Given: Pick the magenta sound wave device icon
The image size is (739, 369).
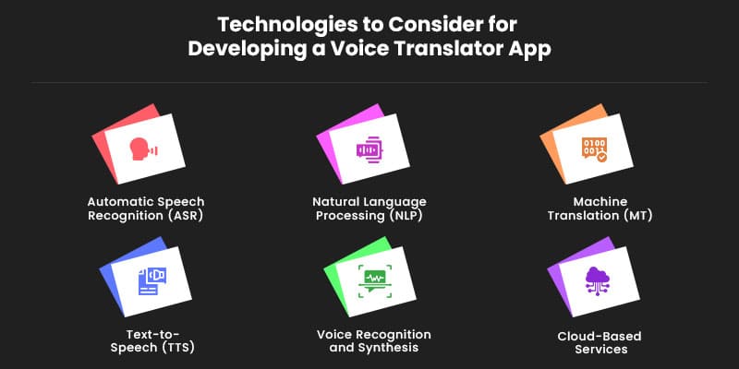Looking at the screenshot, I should [368, 149].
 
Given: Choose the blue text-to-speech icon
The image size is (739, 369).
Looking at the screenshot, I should [151, 279].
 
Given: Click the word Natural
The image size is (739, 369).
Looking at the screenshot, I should [339, 201].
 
